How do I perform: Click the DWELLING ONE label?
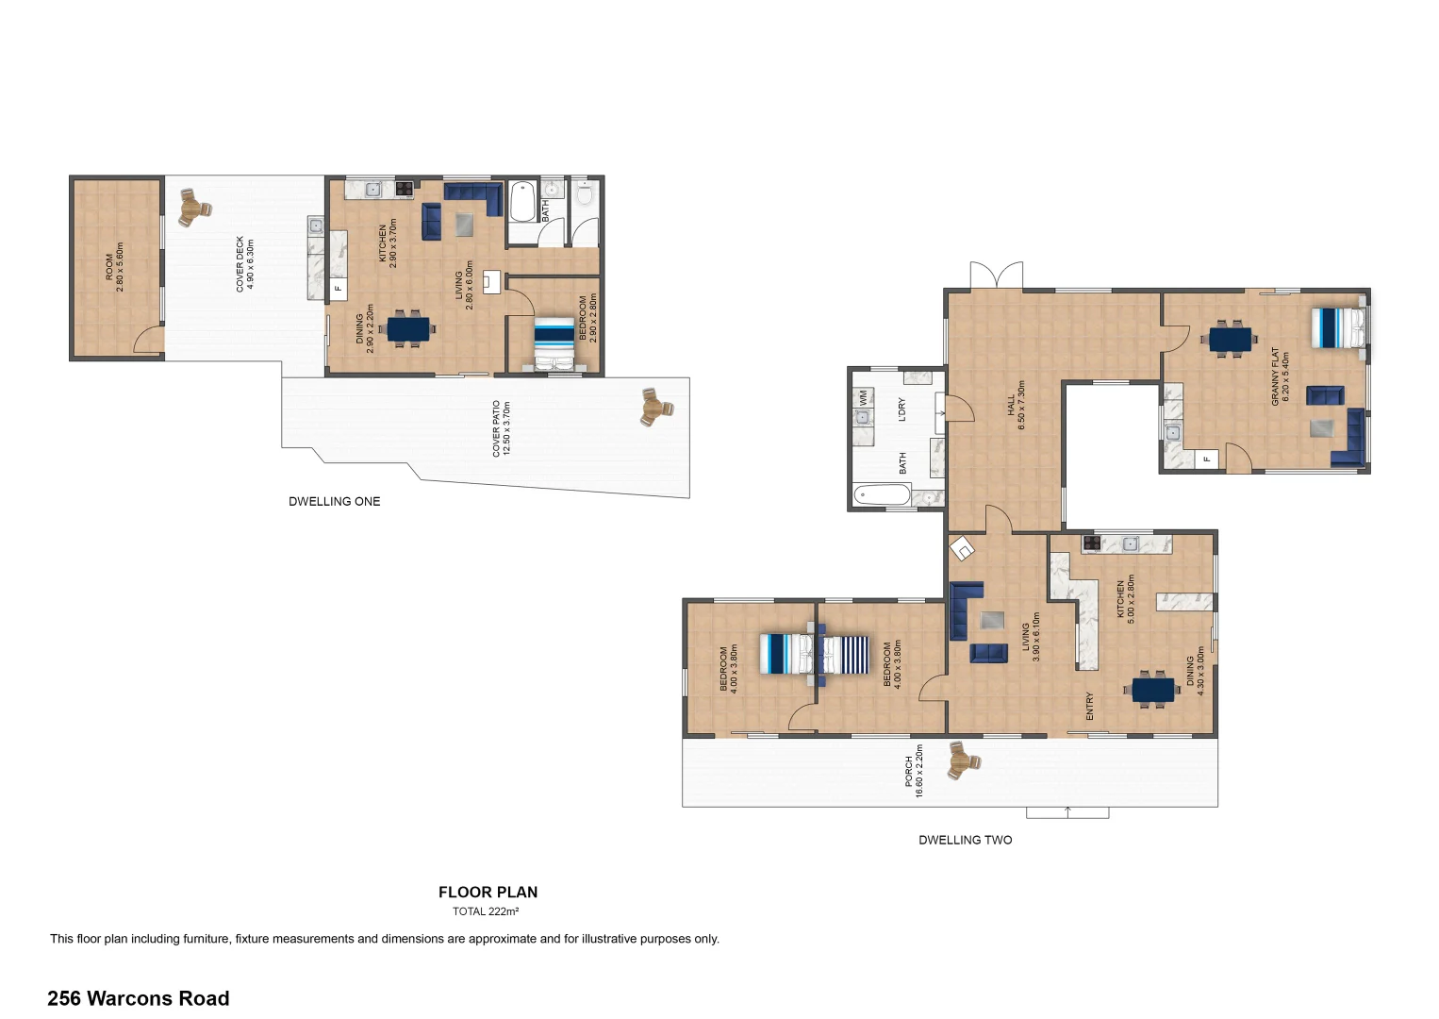point(334,501)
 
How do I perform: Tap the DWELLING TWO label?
point(965,840)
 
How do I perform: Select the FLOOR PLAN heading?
point(488,892)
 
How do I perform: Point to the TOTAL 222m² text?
point(486,911)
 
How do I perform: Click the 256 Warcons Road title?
point(138,998)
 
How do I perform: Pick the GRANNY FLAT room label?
point(1275,376)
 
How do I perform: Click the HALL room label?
point(1011,405)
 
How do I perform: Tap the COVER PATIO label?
point(496,428)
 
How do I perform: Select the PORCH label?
point(908,771)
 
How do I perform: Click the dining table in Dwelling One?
point(408,329)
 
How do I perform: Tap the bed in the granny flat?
point(1339,328)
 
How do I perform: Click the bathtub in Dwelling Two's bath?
point(882,495)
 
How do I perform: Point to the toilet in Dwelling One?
point(585,193)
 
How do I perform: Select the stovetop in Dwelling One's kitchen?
point(405,189)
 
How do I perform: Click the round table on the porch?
point(963,760)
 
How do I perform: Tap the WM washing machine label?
point(864,397)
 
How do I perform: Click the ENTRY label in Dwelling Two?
point(1089,706)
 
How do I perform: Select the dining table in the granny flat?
point(1231,340)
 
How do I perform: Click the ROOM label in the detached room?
point(109,267)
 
